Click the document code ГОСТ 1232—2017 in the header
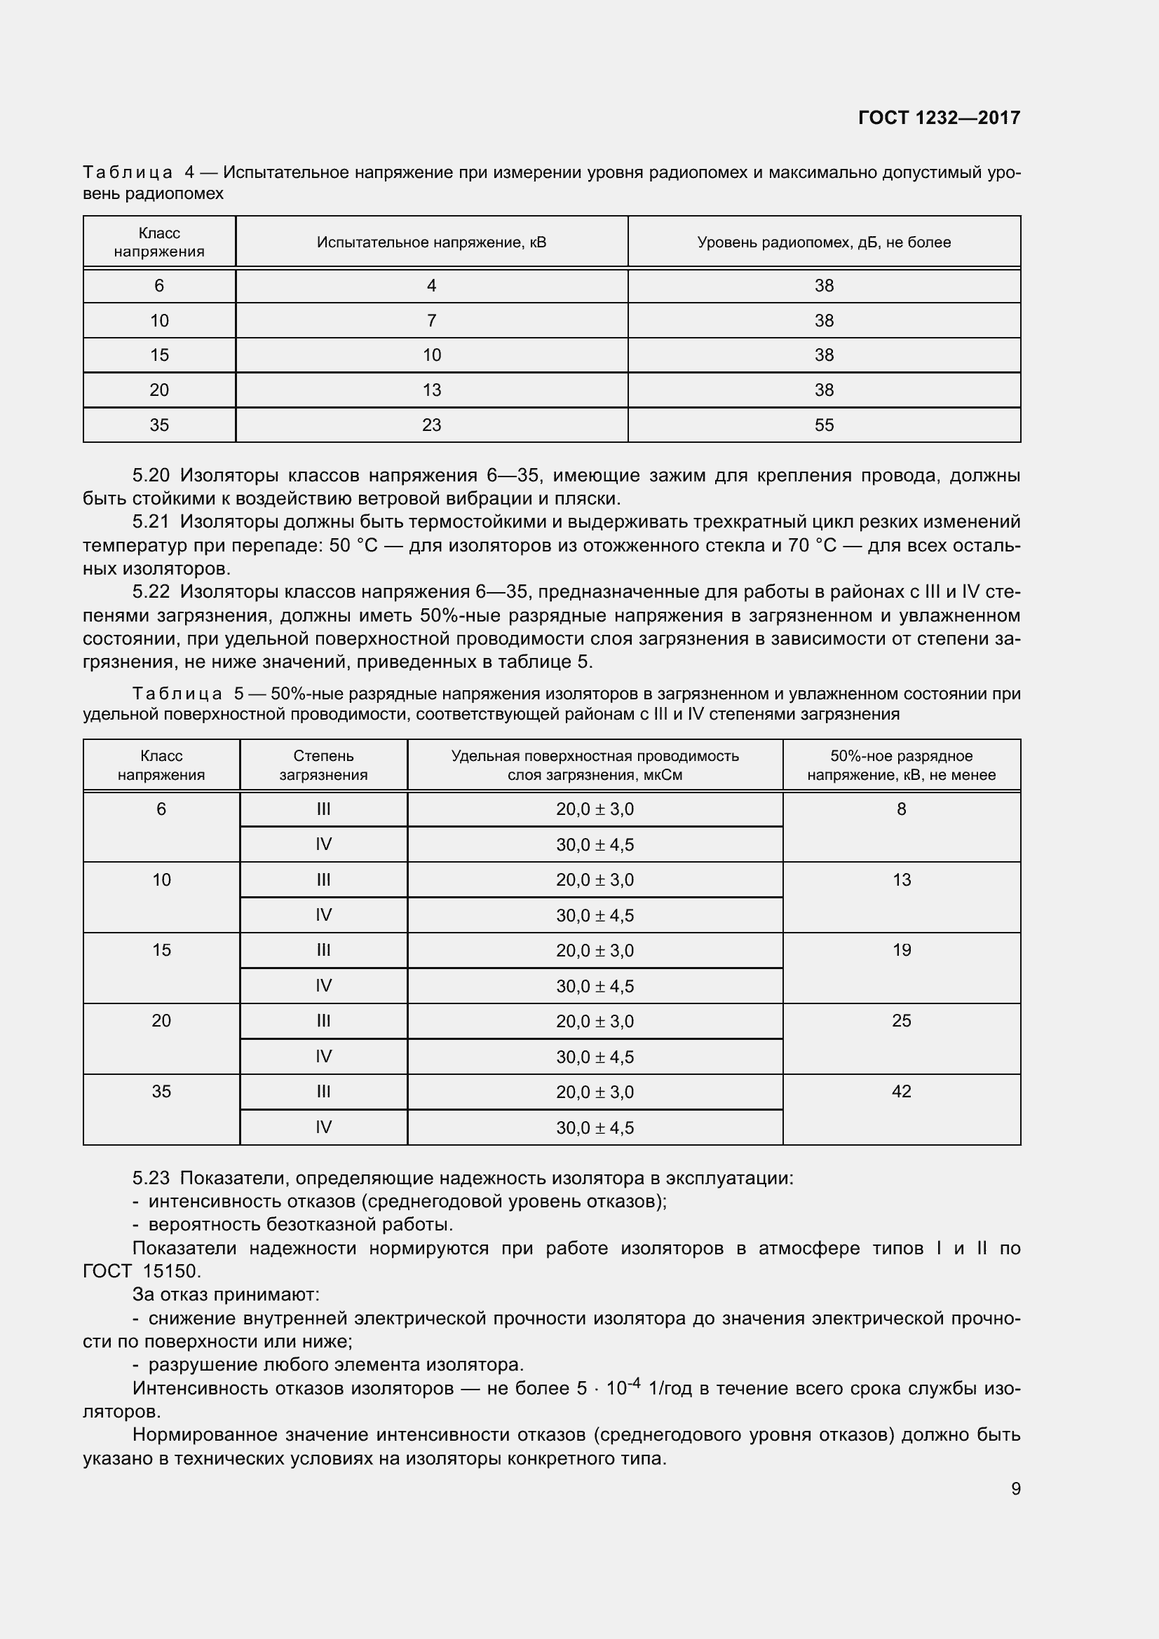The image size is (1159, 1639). pos(938,118)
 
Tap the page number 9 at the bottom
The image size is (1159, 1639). pos(1015,1488)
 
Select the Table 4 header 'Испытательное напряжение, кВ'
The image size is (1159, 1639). pos(431,242)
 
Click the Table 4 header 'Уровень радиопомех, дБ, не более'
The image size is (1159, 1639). pos(823,242)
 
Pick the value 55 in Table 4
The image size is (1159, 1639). pos(823,425)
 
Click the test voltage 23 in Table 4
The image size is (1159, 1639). pos(431,425)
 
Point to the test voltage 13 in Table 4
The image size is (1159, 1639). pos(431,390)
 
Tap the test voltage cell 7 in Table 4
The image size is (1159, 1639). pos(431,321)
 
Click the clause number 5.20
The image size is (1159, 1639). pos(151,475)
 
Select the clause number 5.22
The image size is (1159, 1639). pos(151,592)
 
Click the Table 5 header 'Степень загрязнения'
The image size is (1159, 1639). pos(323,765)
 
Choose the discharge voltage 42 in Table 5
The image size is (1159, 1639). pos(901,1092)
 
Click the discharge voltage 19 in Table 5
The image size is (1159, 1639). pos(901,950)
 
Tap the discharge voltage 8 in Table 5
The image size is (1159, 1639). pos(901,809)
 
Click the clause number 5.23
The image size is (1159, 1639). pos(151,1179)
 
